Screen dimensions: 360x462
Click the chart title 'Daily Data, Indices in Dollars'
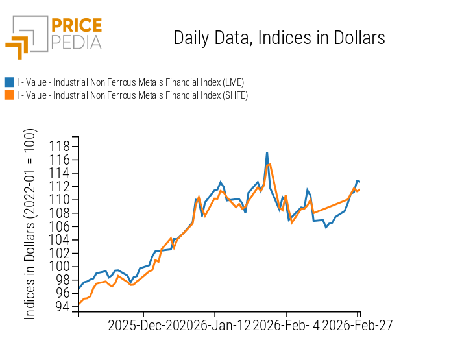pos(279,38)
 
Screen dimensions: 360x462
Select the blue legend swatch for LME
pos(9,82)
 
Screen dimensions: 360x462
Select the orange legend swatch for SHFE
pos(9,95)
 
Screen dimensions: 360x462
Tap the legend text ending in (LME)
pos(130,82)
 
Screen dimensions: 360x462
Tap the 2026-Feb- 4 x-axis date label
pos(286,325)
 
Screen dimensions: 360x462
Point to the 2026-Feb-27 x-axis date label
pos(358,325)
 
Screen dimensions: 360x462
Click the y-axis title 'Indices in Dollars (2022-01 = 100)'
pos(30,224)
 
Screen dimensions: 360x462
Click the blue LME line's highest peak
pos(267,152)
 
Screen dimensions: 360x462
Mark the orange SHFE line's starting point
pos(79,304)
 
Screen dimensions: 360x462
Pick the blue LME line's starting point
pos(79,289)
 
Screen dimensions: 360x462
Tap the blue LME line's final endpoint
pos(360,182)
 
